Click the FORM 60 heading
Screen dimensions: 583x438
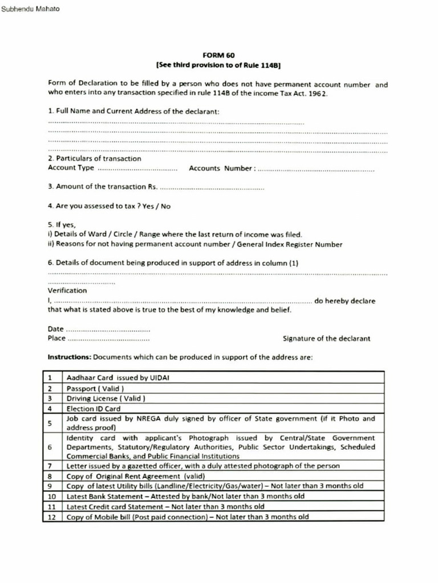[218, 55]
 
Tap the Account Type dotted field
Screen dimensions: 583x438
[137, 169]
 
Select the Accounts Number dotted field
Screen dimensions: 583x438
[317, 169]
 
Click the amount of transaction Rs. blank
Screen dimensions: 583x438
[212, 187]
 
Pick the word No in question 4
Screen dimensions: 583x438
[165, 206]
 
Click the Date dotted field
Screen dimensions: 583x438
[108, 330]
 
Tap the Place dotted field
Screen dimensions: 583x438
[108, 339]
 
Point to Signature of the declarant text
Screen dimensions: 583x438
[326, 338]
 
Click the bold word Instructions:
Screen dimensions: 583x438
[69, 358]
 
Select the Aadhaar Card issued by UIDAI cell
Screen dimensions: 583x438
[118, 377]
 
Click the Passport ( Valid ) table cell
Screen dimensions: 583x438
[95, 388]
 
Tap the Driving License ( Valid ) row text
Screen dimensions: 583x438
[106, 399]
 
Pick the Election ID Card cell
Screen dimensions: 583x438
[94, 409]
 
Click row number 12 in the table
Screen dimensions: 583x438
[51, 517]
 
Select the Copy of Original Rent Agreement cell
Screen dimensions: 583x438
[136, 476]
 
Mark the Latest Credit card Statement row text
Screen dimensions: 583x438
[165, 506]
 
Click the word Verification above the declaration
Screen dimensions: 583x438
[67, 290]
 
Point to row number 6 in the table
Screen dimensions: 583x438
[51, 447]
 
